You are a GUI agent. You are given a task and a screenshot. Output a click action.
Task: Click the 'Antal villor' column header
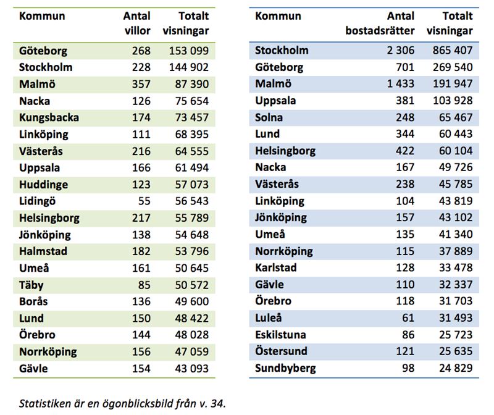136,23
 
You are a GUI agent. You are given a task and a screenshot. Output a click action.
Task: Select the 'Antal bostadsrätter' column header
380,23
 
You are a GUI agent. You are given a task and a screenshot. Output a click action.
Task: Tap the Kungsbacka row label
49,117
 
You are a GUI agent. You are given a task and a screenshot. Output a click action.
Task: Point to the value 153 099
189,51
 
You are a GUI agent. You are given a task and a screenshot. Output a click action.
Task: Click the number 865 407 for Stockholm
453,50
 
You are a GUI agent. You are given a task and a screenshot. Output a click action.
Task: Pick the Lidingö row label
37,201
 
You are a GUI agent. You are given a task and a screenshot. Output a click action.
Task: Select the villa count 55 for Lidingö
144,201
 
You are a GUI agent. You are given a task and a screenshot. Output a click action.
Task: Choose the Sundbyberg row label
285,368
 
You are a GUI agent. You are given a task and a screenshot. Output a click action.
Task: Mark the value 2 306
400,50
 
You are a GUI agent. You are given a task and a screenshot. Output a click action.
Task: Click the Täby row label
31,285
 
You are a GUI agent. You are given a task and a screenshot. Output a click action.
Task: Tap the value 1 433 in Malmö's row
400,83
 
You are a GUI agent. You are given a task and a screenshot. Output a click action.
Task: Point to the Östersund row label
281,351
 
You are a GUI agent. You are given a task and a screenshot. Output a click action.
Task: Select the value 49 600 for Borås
192,301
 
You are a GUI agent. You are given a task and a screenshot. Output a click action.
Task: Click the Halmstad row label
43,251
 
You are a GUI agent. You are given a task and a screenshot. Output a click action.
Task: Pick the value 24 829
456,367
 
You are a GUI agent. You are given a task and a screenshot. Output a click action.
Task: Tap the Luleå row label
268,317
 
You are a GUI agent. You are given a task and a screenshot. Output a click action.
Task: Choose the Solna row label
269,117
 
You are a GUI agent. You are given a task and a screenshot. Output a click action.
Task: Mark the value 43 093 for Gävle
192,368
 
